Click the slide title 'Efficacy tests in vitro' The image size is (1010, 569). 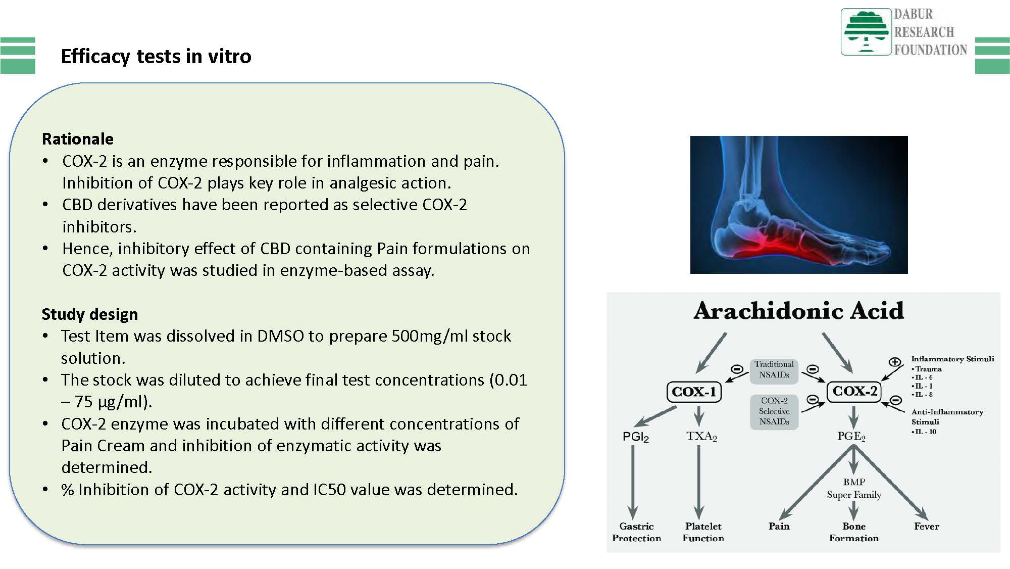(x=156, y=56)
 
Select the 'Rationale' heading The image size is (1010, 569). (x=78, y=138)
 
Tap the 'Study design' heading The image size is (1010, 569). (x=90, y=314)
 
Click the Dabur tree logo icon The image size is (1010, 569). (x=866, y=31)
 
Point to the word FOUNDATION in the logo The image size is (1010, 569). (x=930, y=50)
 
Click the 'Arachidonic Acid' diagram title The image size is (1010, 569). (x=798, y=310)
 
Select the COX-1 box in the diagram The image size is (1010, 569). (x=694, y=392)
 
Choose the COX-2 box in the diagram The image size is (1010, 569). (x=854, y=391)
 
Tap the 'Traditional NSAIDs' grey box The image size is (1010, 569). (x=774, y=369)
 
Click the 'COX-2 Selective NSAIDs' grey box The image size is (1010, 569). (x=774, y=411)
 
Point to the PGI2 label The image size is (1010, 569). (x=635, y=437)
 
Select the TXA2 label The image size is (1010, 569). (x=701, y=436)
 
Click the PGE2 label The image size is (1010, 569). (x=851, y=436)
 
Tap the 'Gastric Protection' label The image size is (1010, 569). (x=636, y=532)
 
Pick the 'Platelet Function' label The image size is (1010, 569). (x=703, y=532)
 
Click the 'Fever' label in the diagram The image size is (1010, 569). (x=926, y=526)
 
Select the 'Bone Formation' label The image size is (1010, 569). (x=854, y=532)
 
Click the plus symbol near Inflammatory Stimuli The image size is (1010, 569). (x=894, y=362)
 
